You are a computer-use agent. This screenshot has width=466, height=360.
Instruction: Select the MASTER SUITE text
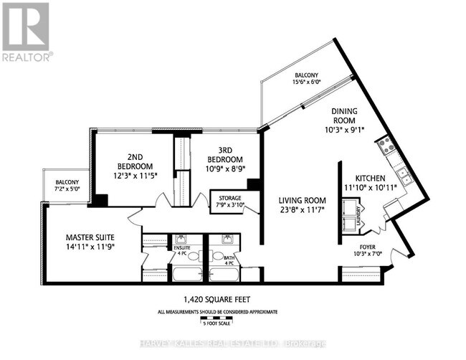coord(90,237)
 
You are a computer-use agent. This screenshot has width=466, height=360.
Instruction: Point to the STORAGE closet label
coord(227,198)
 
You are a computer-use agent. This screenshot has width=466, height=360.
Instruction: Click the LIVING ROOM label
coord(302,200)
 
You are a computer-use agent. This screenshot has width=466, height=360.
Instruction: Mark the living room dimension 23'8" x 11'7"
coord(302,210)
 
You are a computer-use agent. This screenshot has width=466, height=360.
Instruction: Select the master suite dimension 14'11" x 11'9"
coord(90,247)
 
